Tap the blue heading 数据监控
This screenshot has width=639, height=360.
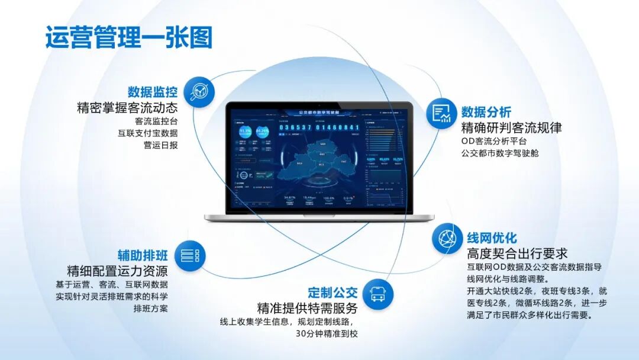click(x=153, y=92)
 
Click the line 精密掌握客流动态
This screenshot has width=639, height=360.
click(x=127, y=108)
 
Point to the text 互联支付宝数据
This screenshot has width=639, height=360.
click(x=148, y=133)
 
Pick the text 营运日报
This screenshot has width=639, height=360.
click(x=160, y=145)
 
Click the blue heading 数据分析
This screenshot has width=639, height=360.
click(x=486, y=112)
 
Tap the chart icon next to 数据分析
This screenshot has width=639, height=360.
click(x=441, y=112)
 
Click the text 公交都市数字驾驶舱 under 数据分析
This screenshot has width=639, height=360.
click(x=500, y=153)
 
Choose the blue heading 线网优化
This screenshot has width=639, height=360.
click(x=492, y=238)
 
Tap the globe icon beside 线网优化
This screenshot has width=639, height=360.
click(x=447, y=239)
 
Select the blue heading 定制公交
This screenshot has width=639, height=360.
click(x=333, y=292)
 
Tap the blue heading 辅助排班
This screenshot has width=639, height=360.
click(x=142, y=256)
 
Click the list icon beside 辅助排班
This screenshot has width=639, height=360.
click(x=189, y=256)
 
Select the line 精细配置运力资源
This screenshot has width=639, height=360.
click(x=117, y=271)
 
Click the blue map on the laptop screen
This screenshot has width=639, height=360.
click(x=320, y=159)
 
